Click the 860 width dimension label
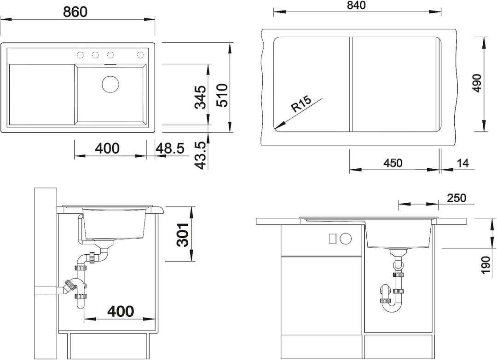click(75, 12)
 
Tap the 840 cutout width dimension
click(356, 6)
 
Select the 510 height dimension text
click(221, 96)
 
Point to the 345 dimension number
click(200, 97)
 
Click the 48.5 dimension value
click(170, 148)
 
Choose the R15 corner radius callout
click(301, 103)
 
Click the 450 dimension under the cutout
click(393, 163)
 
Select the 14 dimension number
click(463, 163)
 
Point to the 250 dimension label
click(457, 198)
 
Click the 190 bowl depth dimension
click(485, 265)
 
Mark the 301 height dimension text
click(183, 234)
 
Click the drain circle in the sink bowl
click(110, 84)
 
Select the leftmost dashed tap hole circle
click(80, 56)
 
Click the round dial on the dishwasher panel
click(346, 239)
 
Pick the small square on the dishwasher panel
click(333, 239)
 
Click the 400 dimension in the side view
click(121, 312)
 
